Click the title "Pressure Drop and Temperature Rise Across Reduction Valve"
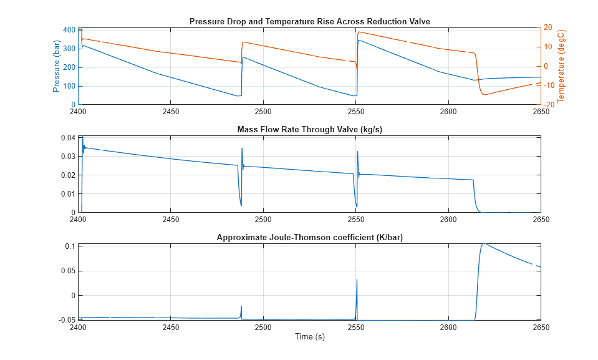(x=309, y=22)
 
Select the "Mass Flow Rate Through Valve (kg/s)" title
(x=309, y=130)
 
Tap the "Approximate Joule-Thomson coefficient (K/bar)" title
(x=309, y=238)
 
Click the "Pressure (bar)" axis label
(x=57, y=66)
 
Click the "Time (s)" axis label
(x=309, y=337)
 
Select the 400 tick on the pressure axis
(x=69, y=29)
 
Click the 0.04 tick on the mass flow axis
(x=67, y=137)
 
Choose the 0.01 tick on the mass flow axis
(x=67, y=194)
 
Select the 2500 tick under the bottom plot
(x=263, y=328)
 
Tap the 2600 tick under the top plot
(x=448, y=112)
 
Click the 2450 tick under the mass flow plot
(x=170, y=220)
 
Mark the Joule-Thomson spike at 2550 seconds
(x=357, y=280)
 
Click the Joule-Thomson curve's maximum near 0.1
(x=484, y=244)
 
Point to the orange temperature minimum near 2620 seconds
(x=485, y=94)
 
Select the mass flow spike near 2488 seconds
(x=242, y=148)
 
